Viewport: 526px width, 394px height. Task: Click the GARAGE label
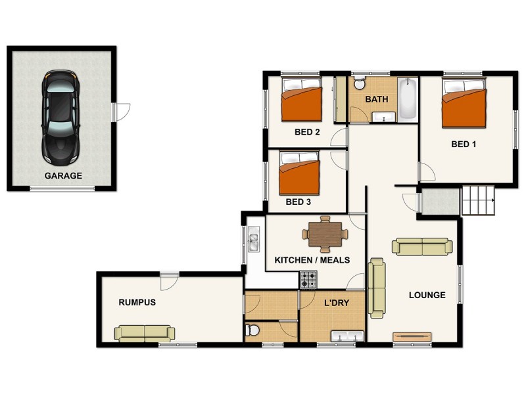click(63, 176)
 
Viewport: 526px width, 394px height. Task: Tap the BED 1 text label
click(464, 144)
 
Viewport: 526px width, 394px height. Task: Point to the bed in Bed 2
click(302, 101)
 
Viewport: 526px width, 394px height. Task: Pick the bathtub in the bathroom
click(408, 99)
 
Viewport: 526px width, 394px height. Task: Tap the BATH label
click(377, 100)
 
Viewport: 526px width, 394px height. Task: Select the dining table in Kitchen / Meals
click(325, 233)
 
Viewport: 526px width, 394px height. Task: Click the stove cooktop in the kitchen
click(309, 281)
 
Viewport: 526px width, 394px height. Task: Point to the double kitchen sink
click(253, 241)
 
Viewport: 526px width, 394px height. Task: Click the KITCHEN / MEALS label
click(312, 261)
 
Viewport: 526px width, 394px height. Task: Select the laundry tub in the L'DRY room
click(347, 337)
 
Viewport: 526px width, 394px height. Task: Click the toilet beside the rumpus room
click(251, 330)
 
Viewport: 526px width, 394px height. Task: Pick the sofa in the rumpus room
click(145, 333)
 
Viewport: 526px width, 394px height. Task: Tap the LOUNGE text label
click(427, 295)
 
